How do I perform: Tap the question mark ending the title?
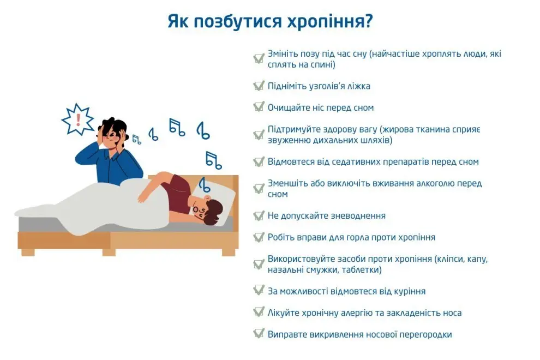pyautogui.click(x=369, y=22)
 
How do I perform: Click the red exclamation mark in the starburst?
pyautogui.click(x=78, y=119)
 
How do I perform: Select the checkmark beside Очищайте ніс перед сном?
pyautogui.click(x=259, y=107)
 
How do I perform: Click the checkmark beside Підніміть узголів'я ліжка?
pyautogui.click(x=259, y=86)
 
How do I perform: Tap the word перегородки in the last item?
pyautogui.click(x=426, y=334)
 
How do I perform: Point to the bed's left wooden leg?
pyautogui.click(x=28, y=252)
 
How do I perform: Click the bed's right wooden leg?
pyautogui.click(x=229, y=252)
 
